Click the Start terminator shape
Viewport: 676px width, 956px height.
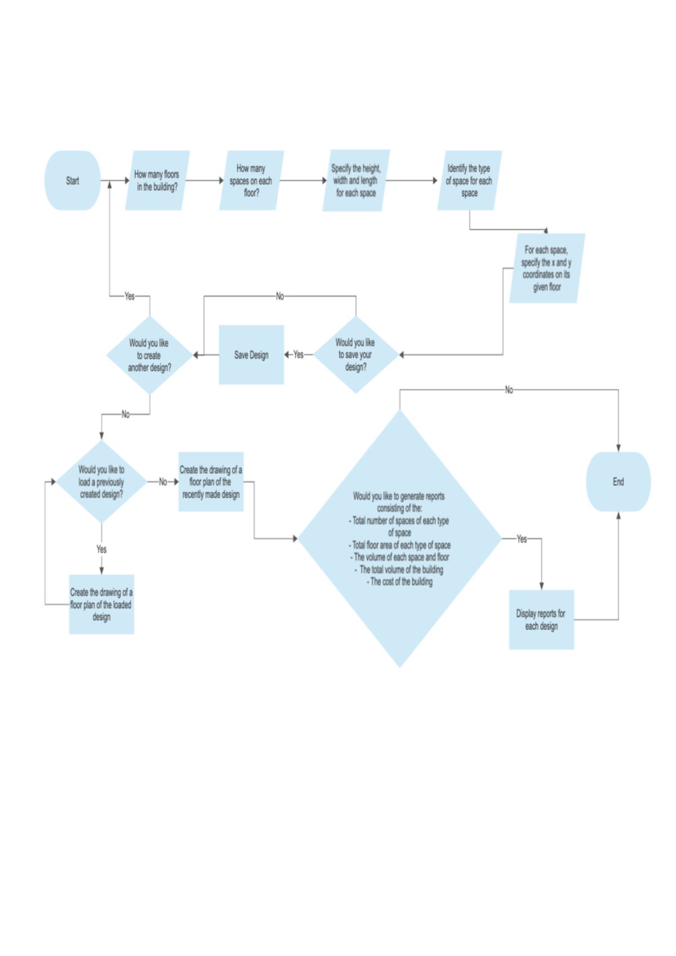coord(73,180)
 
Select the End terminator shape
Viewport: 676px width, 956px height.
coord(618,481)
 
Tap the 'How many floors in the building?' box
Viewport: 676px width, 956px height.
coord(157,180)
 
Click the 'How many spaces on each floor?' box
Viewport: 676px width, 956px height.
coord(251,180)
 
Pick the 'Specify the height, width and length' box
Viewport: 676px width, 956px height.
coord(355,180)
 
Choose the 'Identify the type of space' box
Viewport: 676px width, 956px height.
coord(469,180)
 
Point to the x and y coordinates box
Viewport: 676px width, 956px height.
coord(546,268)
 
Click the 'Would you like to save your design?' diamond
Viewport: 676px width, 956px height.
coord(355,355)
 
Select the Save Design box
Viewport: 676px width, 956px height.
coord(251,355)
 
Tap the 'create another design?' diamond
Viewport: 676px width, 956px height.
coord(149,355)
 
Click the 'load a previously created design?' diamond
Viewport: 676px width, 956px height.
coord(101,481)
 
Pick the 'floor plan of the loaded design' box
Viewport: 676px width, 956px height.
coord(101,604)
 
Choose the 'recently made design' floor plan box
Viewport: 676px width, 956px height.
coord(211,481)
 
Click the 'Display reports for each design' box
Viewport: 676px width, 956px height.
coord(541,619)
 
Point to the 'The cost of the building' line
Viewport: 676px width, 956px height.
coord(401,582)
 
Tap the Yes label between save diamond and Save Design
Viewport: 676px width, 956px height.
coord(299,355)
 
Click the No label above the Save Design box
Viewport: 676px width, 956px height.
coord(280,296)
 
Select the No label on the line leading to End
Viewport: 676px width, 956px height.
coord(509,390)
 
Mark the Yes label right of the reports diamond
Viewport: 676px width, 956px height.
coord(522,539)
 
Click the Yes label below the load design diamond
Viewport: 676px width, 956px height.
coord(101,549)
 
